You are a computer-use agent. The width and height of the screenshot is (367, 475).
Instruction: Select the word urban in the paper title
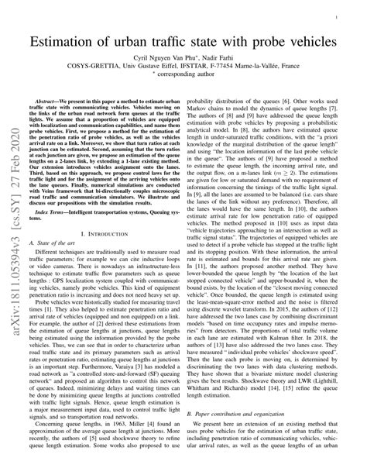(136, 40)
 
